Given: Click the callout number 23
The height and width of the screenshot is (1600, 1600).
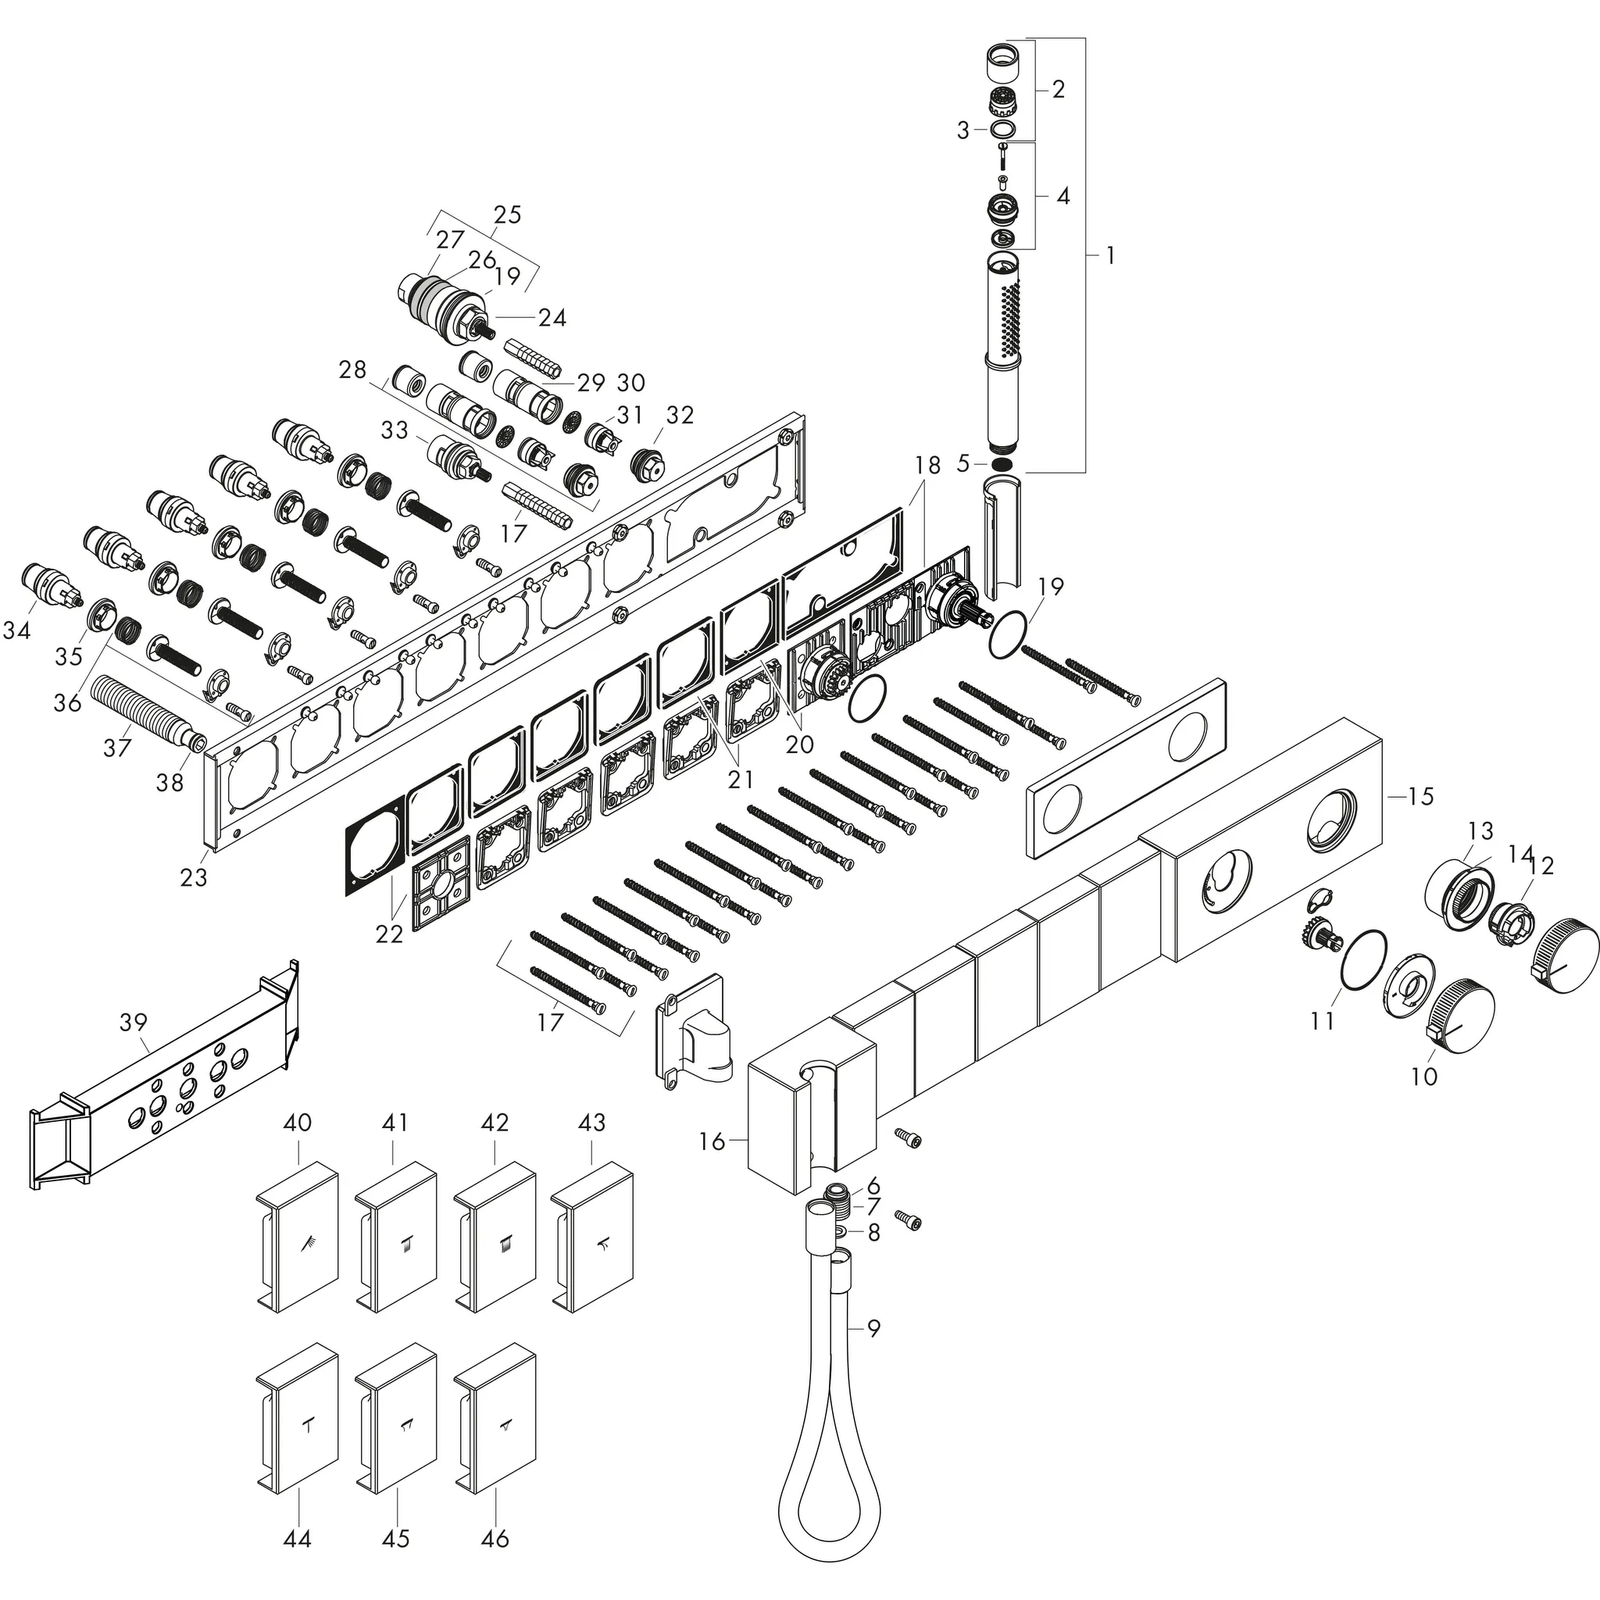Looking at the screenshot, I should tap(193, 877).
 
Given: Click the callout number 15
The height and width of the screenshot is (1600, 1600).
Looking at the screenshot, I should tap(1420, 796).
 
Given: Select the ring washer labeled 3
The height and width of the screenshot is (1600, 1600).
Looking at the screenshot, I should tap(1002, 129).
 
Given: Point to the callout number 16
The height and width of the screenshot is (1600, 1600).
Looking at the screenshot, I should tap(712, 1141).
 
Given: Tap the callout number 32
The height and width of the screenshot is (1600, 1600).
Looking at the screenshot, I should tap(680, 415).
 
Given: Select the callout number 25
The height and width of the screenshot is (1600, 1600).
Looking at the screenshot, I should tap(507, 215).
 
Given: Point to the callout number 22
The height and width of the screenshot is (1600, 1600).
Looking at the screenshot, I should tap(388, 934).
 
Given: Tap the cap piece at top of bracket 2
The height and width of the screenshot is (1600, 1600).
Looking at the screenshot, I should tap(1003, 62).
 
